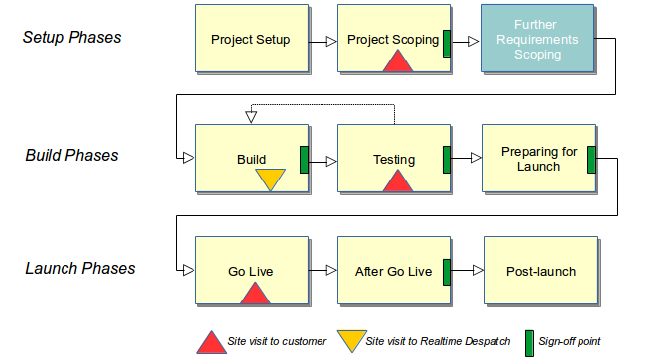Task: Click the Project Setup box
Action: (x=251, y=40)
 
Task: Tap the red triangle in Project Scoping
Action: (x=397, y=61)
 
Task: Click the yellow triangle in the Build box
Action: (x=270, y=180)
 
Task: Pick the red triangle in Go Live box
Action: (x=255, y=293)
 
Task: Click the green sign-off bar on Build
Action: (x=305, y=159)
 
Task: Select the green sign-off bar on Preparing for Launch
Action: (x=591, y=159)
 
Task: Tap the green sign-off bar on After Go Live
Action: (x=447, y=271)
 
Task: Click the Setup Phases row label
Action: (x=71, y=38)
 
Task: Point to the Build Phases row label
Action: (x=71, y=155)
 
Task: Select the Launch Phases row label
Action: (x=78, y=268)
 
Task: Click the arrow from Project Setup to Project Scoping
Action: (x=322, y=42)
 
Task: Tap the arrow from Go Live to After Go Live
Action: (x=322, y=271)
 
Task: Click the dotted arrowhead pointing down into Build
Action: (x=251, y=117)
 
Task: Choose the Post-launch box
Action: (x=540, y=271)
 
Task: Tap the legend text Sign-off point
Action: (x=569, y=342)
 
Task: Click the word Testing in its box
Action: (x=394, y=160)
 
